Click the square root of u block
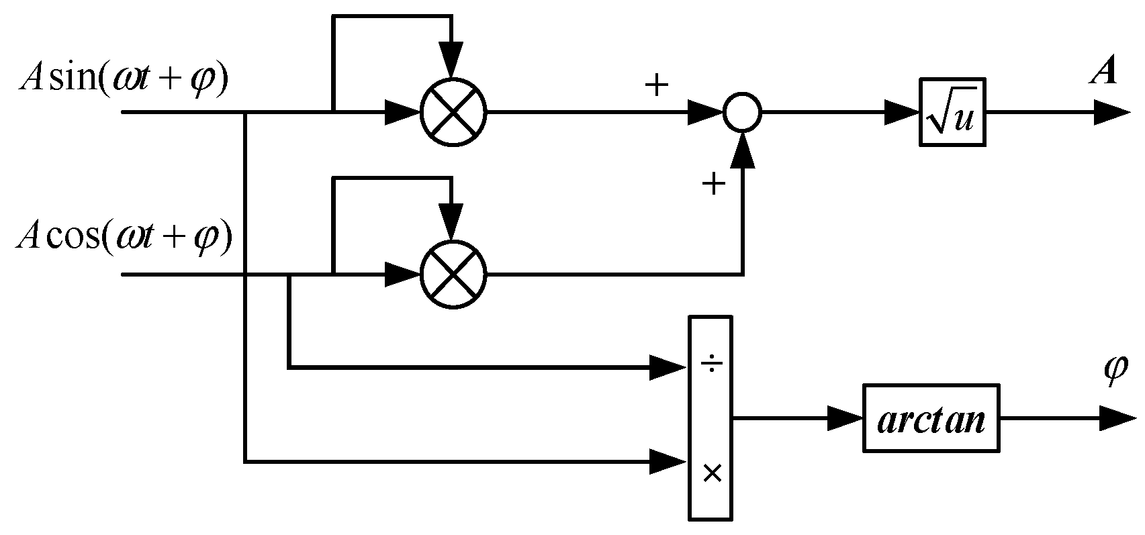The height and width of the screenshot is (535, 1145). [952, 113]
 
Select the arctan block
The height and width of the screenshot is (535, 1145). [931, 419]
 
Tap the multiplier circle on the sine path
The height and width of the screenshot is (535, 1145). [453, 113]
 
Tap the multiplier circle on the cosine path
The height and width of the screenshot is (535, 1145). [453, 275]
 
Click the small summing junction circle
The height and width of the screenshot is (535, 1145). [742, 113]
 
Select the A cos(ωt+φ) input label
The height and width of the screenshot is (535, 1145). [125, 238]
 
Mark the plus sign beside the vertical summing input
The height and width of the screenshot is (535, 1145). [713, 183]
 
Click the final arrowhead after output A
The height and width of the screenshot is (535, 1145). [1111, 113]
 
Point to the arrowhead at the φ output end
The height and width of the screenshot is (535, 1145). [1116, 419]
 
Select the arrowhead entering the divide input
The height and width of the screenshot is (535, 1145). [668, 368]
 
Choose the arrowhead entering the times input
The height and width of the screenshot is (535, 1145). [668, 462]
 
